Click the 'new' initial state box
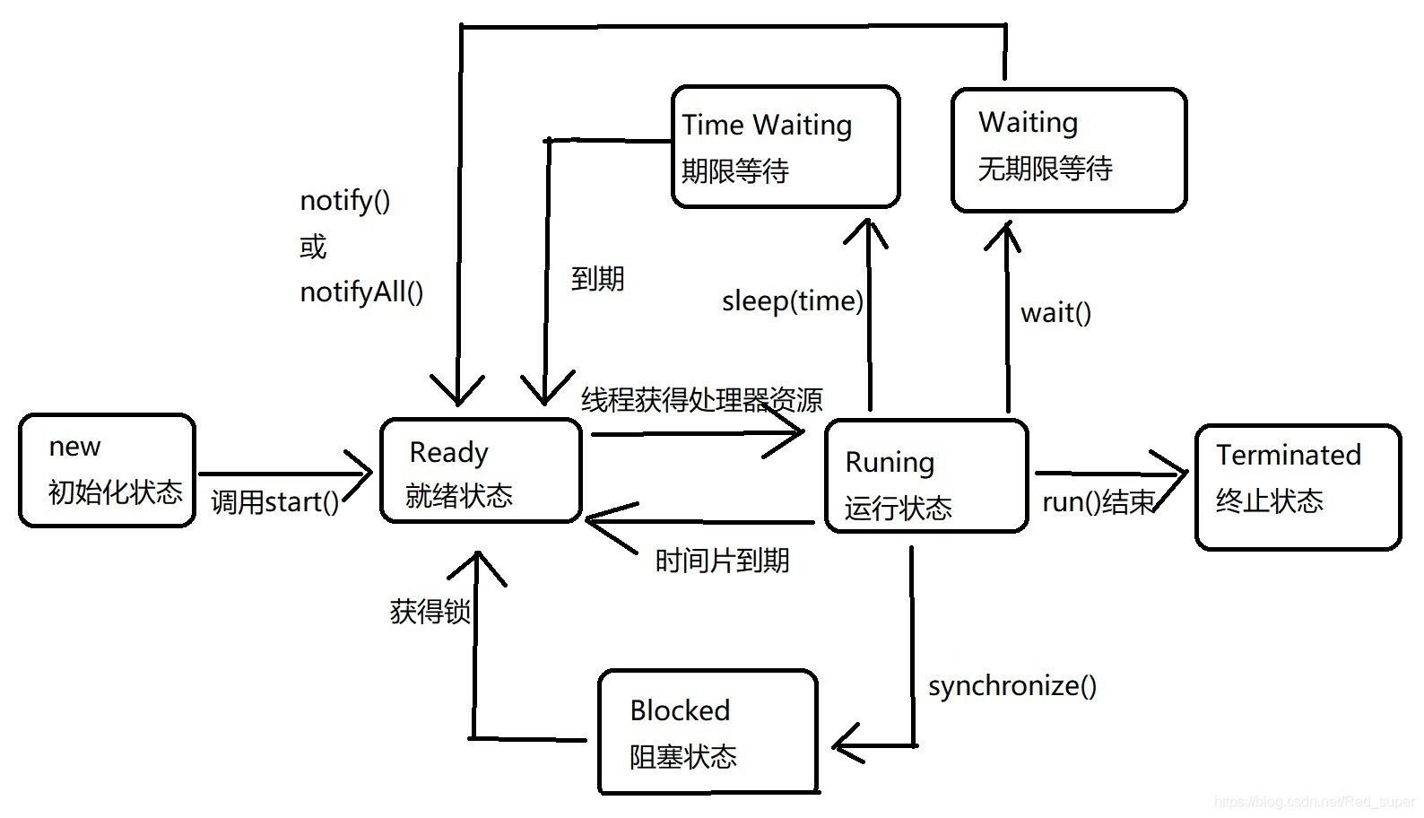(x=107, y=470)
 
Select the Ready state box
(x=481, y=471)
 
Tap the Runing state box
(x=925, y=476)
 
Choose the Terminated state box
(x=1297, y=486)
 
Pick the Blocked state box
(x=708, y=732)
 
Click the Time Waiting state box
(x=785, y=147)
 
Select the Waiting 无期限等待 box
(x=1068, y=150)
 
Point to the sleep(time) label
(x=792, y=301)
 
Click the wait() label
(x=1055, y=313)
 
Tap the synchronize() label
(x=1012, y=686)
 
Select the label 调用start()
(x=274, y=502)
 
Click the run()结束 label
(x=1097, y=502)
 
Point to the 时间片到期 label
(x=722, y=561)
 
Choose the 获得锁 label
(x=430, y=612)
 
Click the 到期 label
(x=597, y=279)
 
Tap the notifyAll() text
(x=361, y=292)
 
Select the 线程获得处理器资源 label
(x=701, y=400)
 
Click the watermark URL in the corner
(x=1314, y=802)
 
